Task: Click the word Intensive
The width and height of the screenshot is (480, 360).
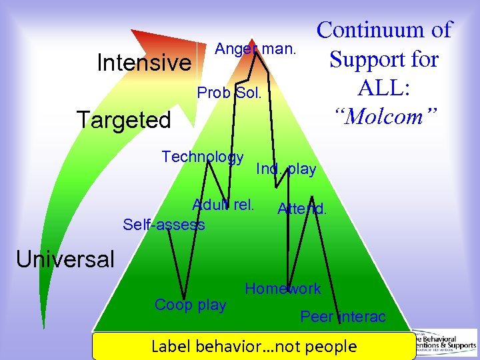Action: click(x=144, y=63)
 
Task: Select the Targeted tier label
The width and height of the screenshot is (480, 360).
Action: click(x=124, y=120)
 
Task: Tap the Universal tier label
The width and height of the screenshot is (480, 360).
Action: click(x=65, y=259)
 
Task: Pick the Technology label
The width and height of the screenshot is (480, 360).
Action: click(x=203, y=157)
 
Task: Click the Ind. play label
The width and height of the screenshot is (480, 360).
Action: click(x=286, y=169)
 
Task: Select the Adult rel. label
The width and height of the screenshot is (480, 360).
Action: click(x=223, y=204)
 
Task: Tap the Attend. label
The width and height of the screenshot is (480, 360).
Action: click(x=302, y=209)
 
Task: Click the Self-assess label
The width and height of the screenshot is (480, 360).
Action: click(x=164, y=225)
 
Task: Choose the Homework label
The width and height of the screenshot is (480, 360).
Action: click(x=283, y=289)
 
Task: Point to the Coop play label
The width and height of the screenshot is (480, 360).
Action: click(x=190, y=305)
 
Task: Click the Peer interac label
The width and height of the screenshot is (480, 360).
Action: click(x=343, y=317)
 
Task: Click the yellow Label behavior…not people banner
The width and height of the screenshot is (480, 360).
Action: click(x=254, y=346)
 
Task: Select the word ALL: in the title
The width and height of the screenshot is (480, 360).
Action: click(x=385, y=87)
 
